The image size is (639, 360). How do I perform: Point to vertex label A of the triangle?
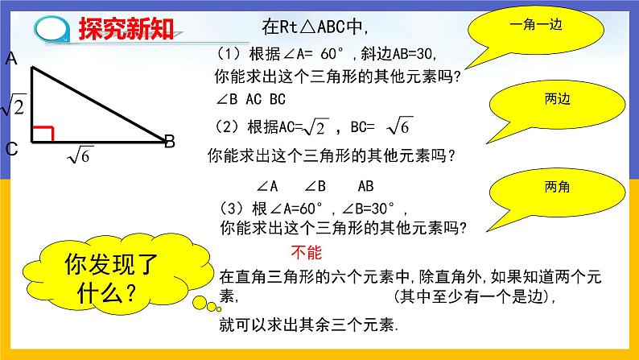[x=12, y=58]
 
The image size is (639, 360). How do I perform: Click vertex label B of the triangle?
[x=170, y=143]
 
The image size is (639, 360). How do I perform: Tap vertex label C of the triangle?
[x=12, y=149]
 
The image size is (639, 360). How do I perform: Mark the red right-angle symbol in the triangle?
[x=42, y=132]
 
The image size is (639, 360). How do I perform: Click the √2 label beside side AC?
[x=14, y=106]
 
